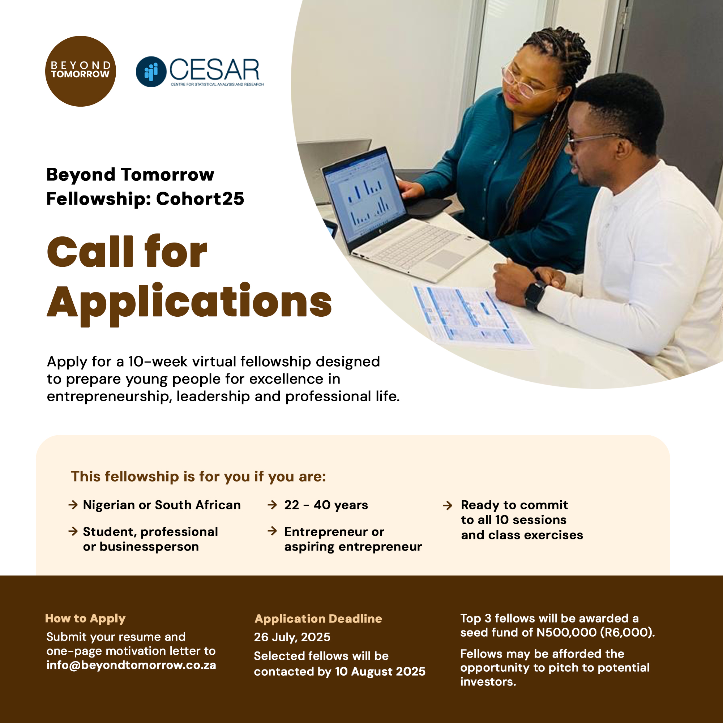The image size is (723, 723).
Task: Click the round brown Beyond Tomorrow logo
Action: coord(81,71)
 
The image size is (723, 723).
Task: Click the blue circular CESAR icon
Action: coord(151,72)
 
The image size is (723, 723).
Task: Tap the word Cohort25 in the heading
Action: coord(200,199)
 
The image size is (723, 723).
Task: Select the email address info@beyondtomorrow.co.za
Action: coord(131,665)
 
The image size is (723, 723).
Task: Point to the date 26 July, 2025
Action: coord(292,637)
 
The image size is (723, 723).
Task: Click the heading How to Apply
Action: coord(85,619)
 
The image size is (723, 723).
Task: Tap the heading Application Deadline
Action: coord(318,619)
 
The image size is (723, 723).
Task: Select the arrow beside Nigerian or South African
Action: coord(73,505)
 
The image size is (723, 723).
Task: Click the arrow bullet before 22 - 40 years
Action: coord(273,505)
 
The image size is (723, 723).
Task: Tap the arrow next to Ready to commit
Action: coord(448,506)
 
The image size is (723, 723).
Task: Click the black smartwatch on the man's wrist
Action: coord(535,295)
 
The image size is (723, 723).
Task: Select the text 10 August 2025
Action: coord(380,671)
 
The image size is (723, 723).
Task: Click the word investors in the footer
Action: coord(488,681)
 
